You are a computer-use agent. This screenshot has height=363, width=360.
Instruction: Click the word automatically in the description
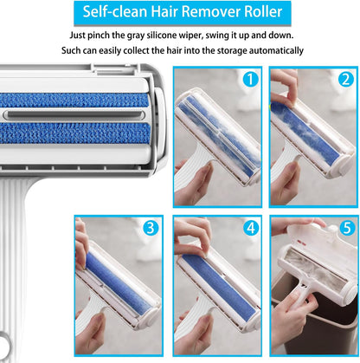click(x=271, y=50)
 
